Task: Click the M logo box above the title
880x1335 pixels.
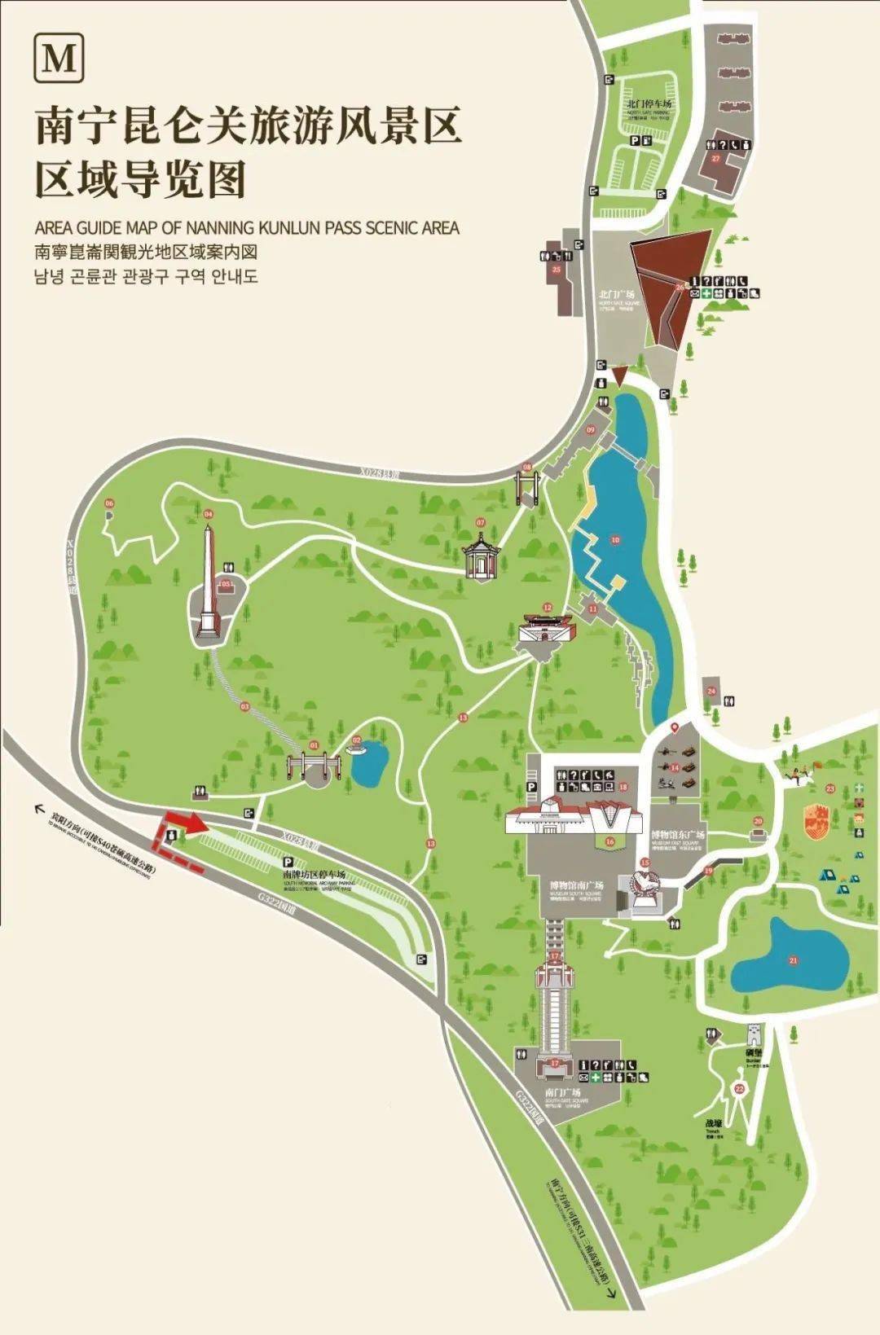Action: [x=59, y=58]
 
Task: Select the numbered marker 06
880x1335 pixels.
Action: [x=109, y=503]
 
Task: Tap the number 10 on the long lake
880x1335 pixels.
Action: [x=615, y=539]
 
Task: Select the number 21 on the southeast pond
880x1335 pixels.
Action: [x=793, y=960]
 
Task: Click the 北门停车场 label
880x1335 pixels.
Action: [x=649, y=103]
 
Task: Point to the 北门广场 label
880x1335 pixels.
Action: [x=616, y=294]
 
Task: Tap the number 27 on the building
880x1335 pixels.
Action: [x=715, y=158]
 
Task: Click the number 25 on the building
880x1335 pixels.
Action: [x=557, y=269]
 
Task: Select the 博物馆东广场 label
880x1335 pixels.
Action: [x=678, y=834]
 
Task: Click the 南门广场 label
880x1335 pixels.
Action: [x=562, y=1091]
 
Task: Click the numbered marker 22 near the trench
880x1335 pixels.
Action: [x=740, y=1088]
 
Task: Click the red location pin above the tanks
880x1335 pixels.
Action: [x=674, y=727]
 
